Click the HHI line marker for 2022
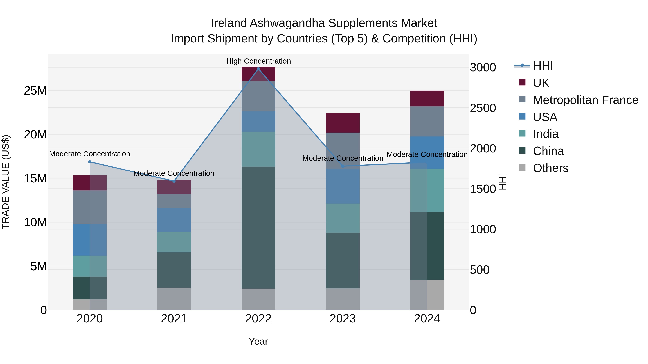(258, 69)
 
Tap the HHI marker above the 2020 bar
(90, 162)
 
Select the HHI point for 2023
(343, 166)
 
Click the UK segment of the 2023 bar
(343, 123)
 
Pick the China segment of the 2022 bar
(258, 227)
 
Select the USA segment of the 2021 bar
(174, 220)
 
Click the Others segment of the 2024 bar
(427, 295)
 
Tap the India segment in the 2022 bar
(258, 149)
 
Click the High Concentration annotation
(258, 61)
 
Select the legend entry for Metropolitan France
(585, 100)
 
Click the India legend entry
(546, 134)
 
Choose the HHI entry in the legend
(543, 66)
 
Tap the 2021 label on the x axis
(174, 319)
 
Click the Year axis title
(258, 341)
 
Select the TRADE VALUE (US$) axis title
(6, 182)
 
